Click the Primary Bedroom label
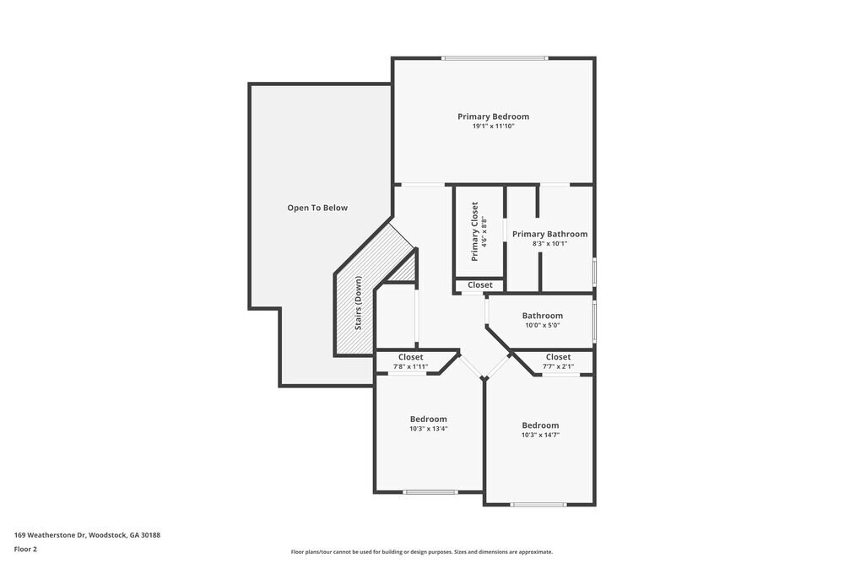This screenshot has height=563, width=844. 493,116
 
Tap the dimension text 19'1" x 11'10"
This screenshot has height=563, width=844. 493,127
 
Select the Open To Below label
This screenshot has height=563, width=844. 317,208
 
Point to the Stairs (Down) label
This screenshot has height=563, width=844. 358,303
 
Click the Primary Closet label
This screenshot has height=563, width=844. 474,230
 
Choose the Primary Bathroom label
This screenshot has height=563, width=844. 549,234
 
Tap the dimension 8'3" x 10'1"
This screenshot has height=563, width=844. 549,244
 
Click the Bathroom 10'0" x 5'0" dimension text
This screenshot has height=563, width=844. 542,325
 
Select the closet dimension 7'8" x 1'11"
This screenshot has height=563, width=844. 411,366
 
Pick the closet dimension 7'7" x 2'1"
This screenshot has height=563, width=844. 558,366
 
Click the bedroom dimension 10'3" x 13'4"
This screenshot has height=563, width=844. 429,429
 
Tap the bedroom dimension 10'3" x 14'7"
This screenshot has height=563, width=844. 540,436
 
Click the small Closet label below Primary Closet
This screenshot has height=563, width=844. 480,285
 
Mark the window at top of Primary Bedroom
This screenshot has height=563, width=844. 495,58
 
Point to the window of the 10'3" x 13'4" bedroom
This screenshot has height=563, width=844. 430,491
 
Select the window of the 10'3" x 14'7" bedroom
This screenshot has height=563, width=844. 539,505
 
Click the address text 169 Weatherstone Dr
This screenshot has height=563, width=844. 87,535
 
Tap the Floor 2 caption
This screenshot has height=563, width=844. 25,549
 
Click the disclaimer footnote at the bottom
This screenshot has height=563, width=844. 422,552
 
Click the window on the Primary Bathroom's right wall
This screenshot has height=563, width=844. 594,272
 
